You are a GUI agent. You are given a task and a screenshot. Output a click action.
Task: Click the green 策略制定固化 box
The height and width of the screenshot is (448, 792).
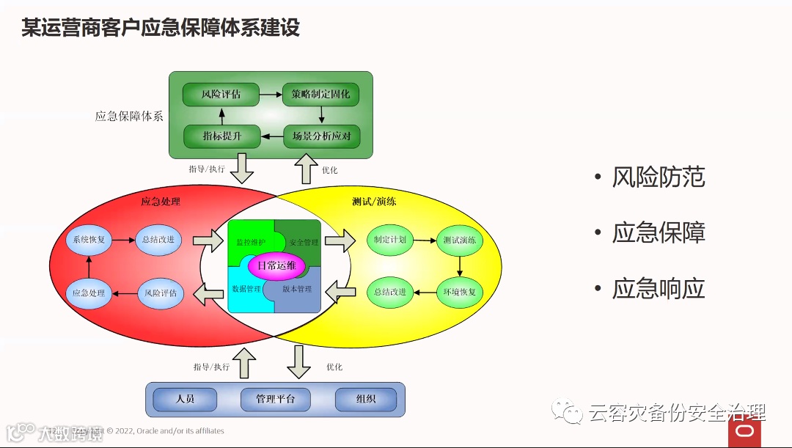coord(320,95)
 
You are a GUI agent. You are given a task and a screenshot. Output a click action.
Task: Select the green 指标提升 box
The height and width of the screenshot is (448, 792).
coord(221,136)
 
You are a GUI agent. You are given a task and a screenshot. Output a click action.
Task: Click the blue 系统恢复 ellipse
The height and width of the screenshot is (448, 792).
coord(89,240)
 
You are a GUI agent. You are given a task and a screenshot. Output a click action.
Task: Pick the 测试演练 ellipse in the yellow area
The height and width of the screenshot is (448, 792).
coord(460,240)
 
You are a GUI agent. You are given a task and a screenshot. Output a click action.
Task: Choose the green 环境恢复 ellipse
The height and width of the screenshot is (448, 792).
coord(460,292)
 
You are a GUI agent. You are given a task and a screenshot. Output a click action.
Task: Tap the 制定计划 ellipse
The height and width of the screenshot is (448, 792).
coord(390,240)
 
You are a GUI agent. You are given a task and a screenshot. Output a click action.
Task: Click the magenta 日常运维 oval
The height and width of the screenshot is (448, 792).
coord(276,265)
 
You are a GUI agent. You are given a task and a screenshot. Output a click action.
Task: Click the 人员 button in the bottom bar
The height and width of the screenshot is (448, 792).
coord(186,400)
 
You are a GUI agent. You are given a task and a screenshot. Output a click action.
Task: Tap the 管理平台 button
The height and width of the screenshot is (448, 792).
coord(275,400)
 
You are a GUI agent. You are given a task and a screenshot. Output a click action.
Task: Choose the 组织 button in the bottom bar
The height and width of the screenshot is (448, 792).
coord(366,400)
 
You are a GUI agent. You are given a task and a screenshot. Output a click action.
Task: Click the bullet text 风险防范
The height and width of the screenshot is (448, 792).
coord(659,177)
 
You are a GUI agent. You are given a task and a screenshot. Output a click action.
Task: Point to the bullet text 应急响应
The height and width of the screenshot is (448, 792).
coord(659,288)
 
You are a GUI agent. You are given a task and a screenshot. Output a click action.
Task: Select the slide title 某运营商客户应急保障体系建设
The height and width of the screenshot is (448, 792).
coord(161,28)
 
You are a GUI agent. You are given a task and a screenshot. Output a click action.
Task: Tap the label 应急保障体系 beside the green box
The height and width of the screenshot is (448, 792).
coord(129,116)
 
